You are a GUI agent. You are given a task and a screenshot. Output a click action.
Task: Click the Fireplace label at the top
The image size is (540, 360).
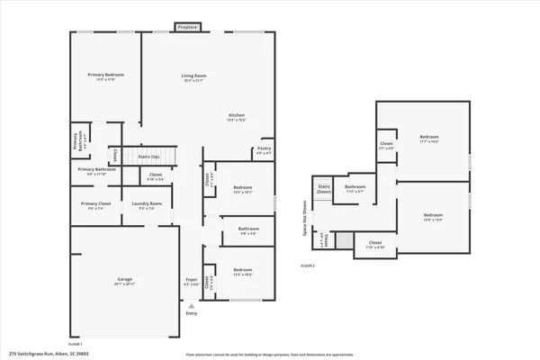(x=187, y=28)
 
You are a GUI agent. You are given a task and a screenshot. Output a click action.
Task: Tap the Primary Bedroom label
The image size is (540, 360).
(x=105, y=76)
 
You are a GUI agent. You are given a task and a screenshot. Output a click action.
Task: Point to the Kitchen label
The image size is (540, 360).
(x=237, y=117)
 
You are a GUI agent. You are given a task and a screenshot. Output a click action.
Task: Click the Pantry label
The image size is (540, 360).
(x=264, y=150)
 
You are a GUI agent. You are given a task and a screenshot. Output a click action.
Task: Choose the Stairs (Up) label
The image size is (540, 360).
(x=148, y=157)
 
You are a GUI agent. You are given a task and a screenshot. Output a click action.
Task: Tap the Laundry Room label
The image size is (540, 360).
(x=147, y=205)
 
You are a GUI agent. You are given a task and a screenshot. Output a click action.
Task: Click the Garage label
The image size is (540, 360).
(x=125, y=281)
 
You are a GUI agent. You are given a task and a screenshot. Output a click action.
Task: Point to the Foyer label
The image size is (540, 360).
(x=192, y=282)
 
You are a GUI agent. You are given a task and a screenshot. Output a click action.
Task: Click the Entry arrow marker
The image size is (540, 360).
(x=191, y=306)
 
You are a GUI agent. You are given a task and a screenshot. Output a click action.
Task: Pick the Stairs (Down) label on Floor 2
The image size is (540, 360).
(x=324, y=190)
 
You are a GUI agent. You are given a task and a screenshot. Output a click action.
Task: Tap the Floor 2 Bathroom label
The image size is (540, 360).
(x=354, y=189)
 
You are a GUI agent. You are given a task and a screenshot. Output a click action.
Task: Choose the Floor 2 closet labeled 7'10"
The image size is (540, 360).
(x=374, y=244)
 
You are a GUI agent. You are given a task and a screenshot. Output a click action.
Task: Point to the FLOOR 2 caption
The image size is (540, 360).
(x=308, y=266)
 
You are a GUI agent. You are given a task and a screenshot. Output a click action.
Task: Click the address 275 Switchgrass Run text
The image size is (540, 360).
(x=44, y=354)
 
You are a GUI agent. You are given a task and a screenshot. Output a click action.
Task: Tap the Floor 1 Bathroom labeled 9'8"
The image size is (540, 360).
(x=248, y=231)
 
